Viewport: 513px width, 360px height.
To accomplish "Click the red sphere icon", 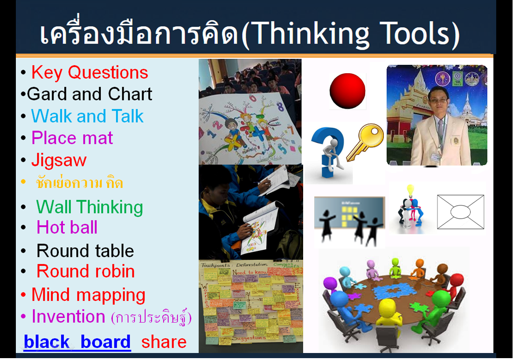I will [347, 90].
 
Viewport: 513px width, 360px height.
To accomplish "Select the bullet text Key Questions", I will [90, 73].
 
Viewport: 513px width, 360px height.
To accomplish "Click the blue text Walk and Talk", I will [87, 116].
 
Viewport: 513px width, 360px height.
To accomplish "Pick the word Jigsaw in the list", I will [59, 160].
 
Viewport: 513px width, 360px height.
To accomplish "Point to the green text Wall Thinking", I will [90, 207].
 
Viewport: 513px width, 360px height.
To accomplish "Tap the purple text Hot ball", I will [67, 228].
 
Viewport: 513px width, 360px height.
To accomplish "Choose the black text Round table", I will [85, 251].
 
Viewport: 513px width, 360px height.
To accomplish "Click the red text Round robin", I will [86, 271].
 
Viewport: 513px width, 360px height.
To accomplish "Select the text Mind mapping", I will [88, 295].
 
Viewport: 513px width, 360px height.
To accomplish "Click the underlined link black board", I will [77, 342].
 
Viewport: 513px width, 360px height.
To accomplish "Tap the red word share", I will [164, 342].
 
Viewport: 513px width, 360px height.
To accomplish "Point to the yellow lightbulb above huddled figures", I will [410, 190].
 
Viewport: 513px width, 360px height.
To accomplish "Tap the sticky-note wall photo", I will [250, 306].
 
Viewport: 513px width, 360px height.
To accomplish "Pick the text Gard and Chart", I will [90, 94].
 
